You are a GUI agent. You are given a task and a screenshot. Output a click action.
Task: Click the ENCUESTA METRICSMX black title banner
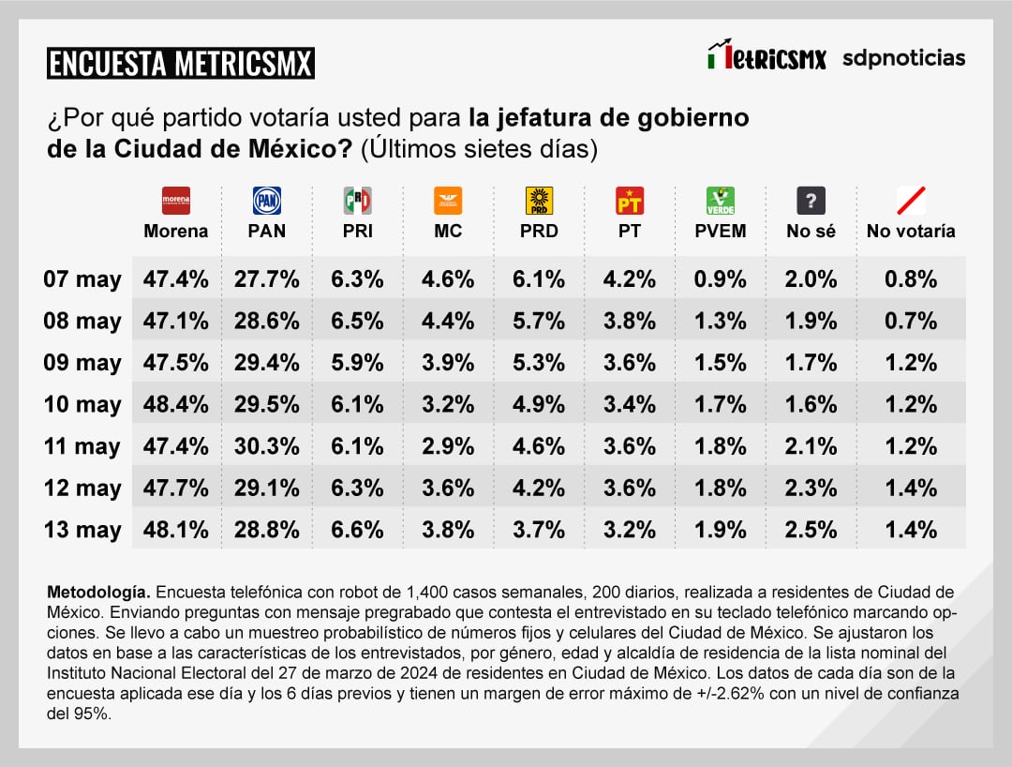180,64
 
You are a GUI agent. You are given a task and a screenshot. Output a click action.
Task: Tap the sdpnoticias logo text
903,58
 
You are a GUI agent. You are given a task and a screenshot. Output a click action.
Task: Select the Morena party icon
176,201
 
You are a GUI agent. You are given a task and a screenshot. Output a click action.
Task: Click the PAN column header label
267,231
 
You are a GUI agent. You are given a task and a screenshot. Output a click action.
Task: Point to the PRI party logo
358,201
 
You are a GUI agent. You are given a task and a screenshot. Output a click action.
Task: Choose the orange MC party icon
448,201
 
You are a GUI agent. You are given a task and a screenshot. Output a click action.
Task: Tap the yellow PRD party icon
539,201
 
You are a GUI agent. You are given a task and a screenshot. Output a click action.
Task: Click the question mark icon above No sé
811,201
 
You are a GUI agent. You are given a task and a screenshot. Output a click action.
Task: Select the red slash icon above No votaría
911,201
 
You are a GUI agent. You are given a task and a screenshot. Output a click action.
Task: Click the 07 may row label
82,278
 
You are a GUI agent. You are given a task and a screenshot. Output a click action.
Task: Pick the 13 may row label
82,530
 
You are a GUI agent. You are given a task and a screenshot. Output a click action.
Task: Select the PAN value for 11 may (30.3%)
267,446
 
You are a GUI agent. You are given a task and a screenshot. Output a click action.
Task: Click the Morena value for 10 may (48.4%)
176,404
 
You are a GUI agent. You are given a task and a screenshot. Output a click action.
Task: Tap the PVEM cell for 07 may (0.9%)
720,278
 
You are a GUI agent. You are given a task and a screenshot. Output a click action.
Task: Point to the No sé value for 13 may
811,530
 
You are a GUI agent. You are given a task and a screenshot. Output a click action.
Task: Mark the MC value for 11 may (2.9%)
448,446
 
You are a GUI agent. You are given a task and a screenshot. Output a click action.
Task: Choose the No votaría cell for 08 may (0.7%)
911,321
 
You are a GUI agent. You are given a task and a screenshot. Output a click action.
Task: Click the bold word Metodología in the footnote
97,593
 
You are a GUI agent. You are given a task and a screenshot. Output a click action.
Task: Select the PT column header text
630,231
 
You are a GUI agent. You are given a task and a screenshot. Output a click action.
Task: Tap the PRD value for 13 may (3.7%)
539,530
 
